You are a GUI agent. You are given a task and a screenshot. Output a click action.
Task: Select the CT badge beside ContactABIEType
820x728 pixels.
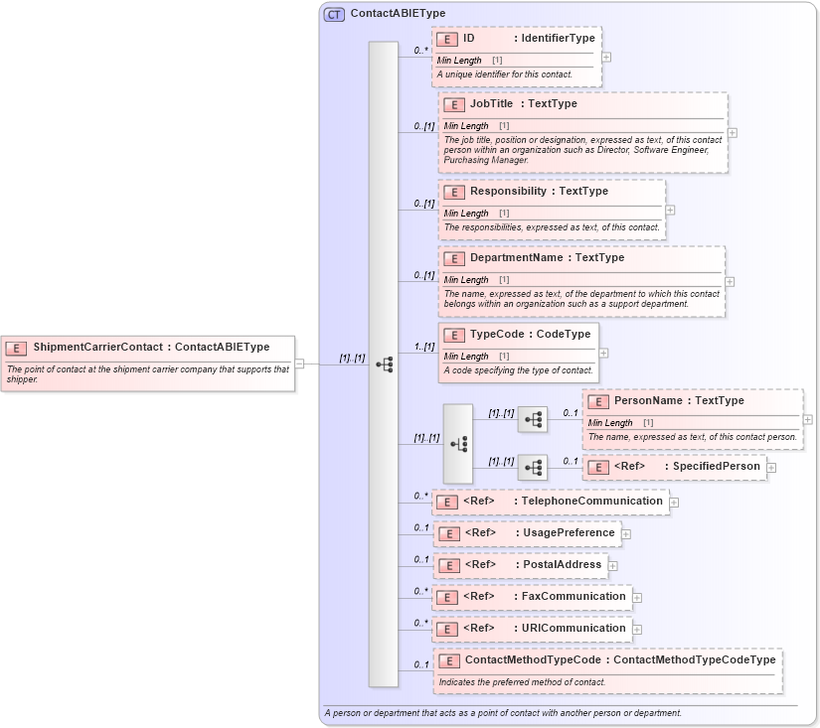pyautogui.click(x=334, y=14)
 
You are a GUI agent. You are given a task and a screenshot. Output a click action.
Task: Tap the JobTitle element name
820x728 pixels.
pyautogui.click(x=491, y=103)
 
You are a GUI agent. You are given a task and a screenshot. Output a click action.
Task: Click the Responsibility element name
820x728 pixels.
pyautogui.click(x=508, y=191)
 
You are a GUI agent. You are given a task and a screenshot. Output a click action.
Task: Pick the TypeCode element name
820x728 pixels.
pyautogui.click(x=500, y=334)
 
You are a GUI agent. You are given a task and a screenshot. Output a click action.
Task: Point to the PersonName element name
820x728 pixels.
pyautogui.click(x=648, y=400)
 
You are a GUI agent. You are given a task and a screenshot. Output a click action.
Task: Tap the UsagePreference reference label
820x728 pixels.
pyautogui.click(x=569, y=532)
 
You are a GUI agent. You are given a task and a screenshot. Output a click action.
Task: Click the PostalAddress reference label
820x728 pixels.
pyautogui.click(x=563, y=564)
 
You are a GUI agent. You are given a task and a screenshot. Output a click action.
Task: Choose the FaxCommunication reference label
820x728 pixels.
pyautogui.click(x=574, y=596)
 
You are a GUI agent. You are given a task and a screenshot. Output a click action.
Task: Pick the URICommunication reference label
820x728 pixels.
pyautogui.click(x=574, y=628)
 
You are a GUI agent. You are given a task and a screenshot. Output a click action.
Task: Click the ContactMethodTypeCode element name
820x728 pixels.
pyautogui.click(x=532, y=659)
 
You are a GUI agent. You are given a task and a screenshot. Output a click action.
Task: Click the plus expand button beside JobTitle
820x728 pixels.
pyautogui.click(x=733, y=132)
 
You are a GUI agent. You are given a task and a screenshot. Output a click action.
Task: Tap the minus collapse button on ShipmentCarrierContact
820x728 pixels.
pyautogui.click(x=299, y=364)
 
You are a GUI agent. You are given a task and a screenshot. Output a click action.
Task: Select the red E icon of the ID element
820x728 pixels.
pyautogui.click(x=447, y=39)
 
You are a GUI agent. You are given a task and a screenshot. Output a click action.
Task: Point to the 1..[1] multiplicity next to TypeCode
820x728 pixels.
pyautogui.click(x=424, y=347)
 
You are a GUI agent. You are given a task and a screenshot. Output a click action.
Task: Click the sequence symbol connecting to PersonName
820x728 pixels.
pyautogui.click(x=533, y=419)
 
